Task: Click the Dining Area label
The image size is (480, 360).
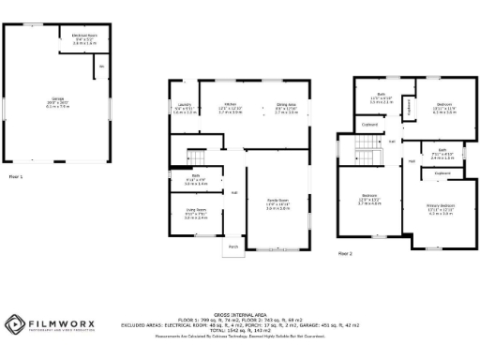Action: (x=286, y=109)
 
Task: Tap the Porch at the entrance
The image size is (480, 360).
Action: (x=232, y=247)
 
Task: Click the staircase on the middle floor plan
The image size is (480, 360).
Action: (x=195, y=157)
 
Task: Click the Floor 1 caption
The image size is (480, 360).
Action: (x=16, y=175)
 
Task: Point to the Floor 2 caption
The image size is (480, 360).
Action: (x=345, y=253)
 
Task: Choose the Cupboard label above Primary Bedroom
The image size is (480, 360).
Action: (x=442, y=173)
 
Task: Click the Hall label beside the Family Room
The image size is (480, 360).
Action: (x=234, y=193)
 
